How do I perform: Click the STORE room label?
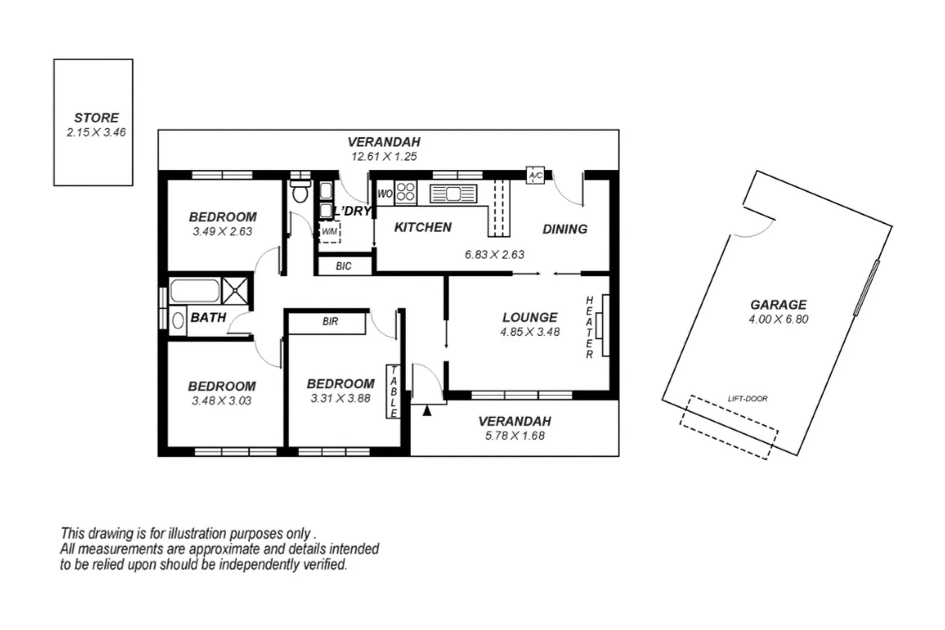pyautogui.click(x=96, y=117)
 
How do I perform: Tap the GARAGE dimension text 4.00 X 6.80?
pyautogui.click(x=778, y=319)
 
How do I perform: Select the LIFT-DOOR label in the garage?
pyautogui.click(x=747, y=398)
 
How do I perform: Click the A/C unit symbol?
pyautogui.click(x=535, y=175)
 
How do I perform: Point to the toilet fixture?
pyautogui.click(x=300, y=191)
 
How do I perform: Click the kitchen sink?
pyautogui.click(x=453, y=193)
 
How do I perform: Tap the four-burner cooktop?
pyautogui.click(x=406, y=192)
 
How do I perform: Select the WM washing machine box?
pyautogui.click(x=329, y=232)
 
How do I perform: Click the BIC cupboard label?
pyautogui.click(x=344, y=266)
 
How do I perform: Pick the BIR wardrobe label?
pyautogui.click(x=330, y=321)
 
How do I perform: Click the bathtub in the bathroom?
pyautogui.click(x=195, y=290)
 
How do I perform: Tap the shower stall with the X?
pyautogui.click(x=235, y=290)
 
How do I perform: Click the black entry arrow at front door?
pyautogui.click(x=427, y=411)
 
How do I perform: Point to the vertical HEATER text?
pyautogui.click(x=589, y=327)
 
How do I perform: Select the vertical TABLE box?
pyautogui.click(x=393, y=391)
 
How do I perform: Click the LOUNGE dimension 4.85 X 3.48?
pyautogui.click(x=530, y=332)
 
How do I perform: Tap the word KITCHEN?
pyautogui.click(x=423, y=228)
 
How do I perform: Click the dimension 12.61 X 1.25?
pyautogui.click(x=384, y=156)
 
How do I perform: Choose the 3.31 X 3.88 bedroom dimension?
pyautogui.click(x=340, y=398)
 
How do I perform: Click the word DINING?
pyautogui.click(x=565, y=229)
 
